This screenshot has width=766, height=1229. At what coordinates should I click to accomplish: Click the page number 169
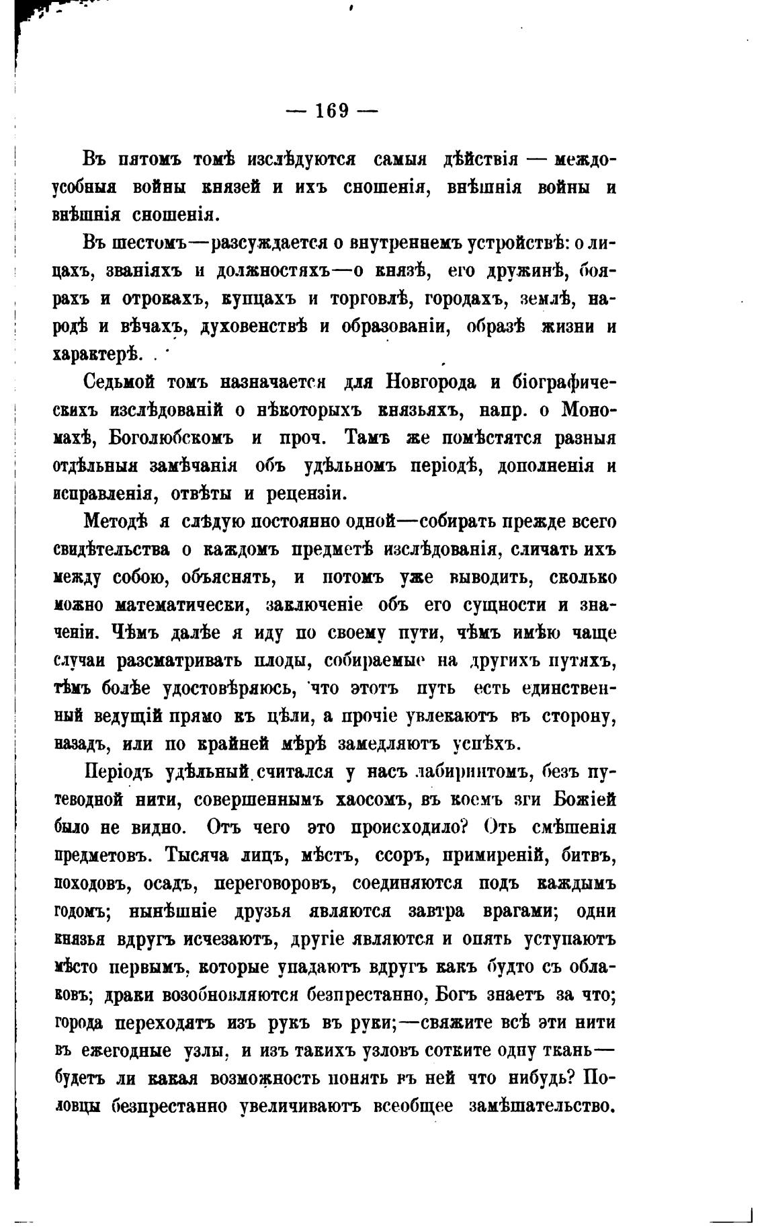332,110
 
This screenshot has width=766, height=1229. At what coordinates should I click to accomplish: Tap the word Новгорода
431,383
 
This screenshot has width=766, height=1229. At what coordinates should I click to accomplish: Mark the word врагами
518,911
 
